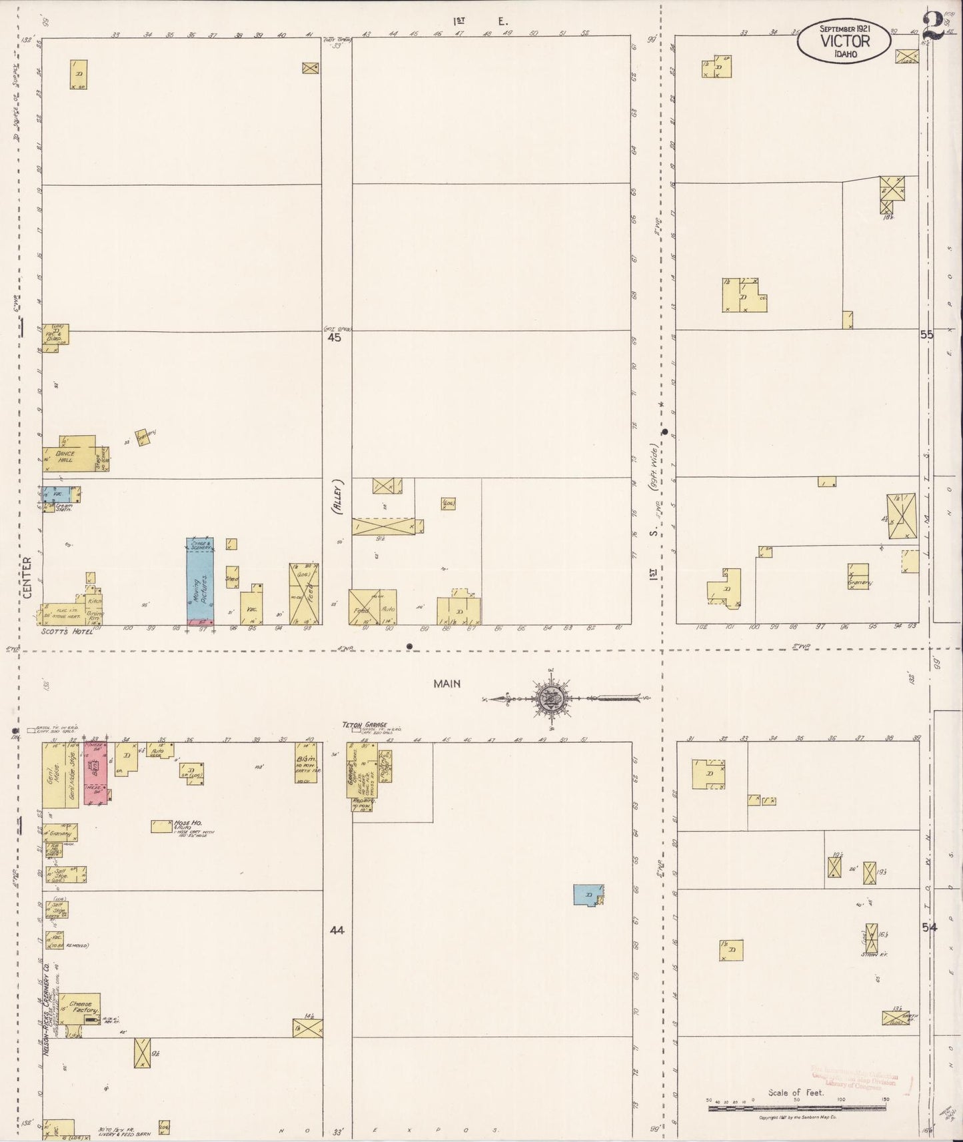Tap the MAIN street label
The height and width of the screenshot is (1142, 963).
pyautogui.click(x=447, y=684)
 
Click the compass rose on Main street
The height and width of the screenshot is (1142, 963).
pyautogui.click(x=552, y=698)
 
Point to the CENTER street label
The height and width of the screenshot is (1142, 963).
pyautogui.click(x=27, y=577)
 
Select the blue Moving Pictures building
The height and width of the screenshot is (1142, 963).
pyautogui.click(x=199, y=580)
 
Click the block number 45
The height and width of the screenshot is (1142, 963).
pyautogui.click(x=334, y=338)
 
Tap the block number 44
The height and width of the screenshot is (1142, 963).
pyautogui.click(x=337, y=930)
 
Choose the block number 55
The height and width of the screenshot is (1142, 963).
pyautogui.click(x=926, y=335)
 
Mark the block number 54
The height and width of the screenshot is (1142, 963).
pyautogui.click(x=929, y=927)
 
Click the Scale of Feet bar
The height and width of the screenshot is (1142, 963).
pyautogui.click(x=796, y=1107)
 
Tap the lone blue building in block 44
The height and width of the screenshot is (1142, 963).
pyautogui.click(x=588, y=895)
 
